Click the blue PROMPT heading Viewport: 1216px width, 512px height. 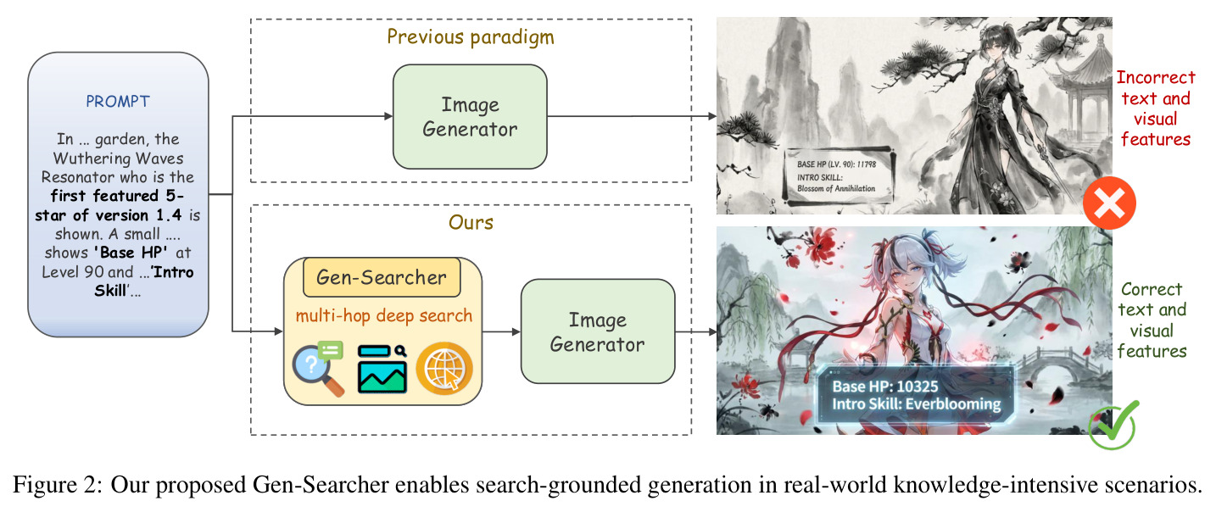(x=118, y=102)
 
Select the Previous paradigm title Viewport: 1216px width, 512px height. (x=471, y=37)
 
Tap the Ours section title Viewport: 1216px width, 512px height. (x=471, y=223)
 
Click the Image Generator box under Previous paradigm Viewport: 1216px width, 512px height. (x=470, y=117)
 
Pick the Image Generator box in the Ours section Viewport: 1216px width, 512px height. (x=598, y=331)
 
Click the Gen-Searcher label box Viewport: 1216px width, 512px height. (x=382, y=277)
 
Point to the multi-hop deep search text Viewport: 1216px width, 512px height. (x=384, y=316)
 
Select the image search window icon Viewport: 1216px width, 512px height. (x=382, y=370)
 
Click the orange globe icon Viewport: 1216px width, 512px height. (x=444, y=369)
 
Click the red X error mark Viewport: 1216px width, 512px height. (x=1109, y=203)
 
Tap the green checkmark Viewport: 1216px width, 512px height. (x=1114, y=426)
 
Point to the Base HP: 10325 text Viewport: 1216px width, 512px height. (x=885, y=387)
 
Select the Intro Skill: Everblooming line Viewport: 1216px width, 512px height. (x=917, y=404)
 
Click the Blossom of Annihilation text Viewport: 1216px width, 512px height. (x=836, y=189)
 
